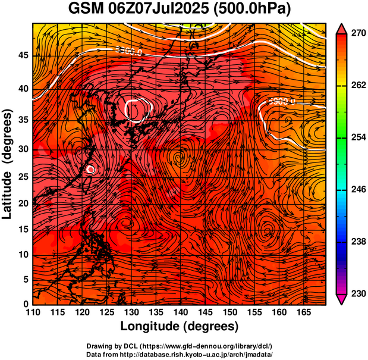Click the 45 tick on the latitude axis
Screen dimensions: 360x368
24,56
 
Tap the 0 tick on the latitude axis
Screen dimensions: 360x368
27,304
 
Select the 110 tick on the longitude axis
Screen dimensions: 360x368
33,312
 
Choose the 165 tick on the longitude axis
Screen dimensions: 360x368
303,312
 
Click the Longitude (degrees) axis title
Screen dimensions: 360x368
180,326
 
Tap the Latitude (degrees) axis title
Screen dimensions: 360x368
8,164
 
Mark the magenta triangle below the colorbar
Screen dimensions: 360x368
342,299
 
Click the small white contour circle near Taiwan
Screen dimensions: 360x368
90,169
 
